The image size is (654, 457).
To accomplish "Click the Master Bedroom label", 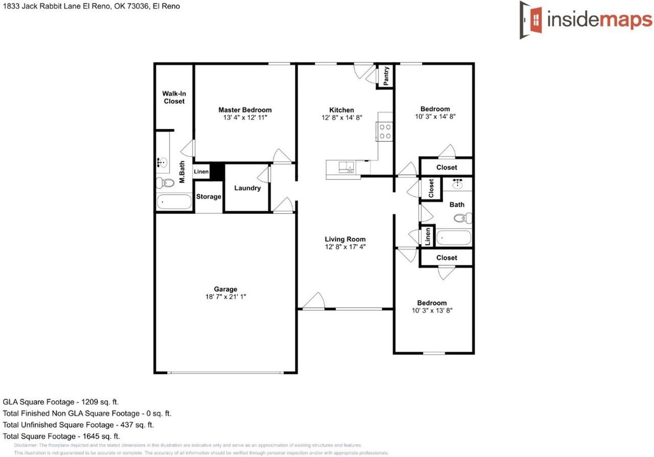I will tap(245, 110).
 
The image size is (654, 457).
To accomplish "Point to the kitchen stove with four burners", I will tap(385, 131).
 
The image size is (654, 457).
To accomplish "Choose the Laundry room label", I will tap(247, 188).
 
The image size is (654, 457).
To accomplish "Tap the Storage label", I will tap(208, 197).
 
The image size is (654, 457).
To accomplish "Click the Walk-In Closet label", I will tap(174, 97).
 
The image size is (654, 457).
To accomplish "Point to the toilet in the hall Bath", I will tap(463, 218).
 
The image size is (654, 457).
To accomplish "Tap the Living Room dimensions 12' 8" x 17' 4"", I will tap(345, 246).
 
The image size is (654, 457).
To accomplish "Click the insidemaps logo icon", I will tap(532, 19).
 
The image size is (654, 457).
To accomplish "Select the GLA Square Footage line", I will tap(61, 402).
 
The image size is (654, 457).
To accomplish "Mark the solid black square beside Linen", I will tap(218, 171).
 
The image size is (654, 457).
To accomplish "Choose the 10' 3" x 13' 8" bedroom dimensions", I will tap(432, 310).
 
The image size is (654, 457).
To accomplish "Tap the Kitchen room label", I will tap(341, 110).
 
